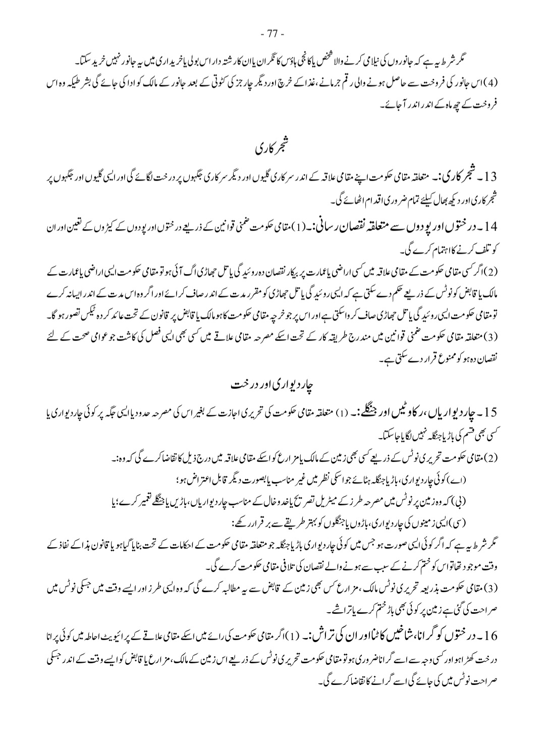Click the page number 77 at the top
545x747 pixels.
coord(272,35)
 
